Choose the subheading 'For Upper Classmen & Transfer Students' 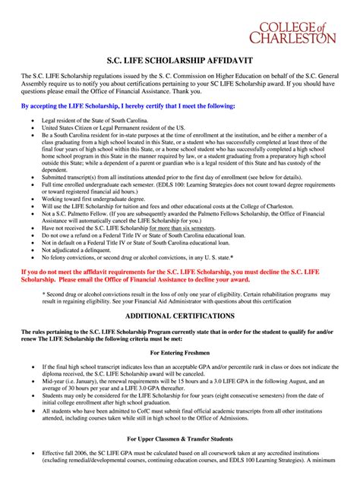[180, 439]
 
